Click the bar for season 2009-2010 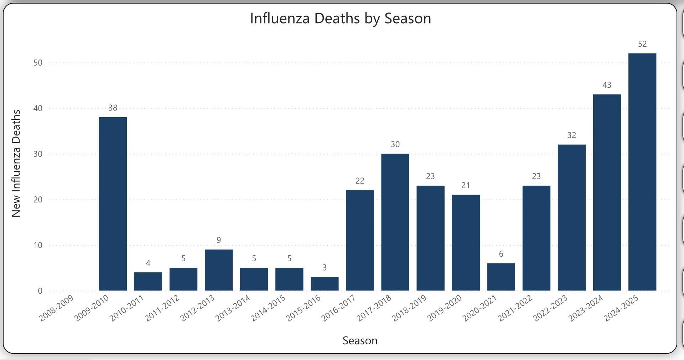pyautogui.click(x=113, y=204)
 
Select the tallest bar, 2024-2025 pyautogui.click(x=642, y=172)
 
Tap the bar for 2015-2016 pyautogui.click(x=325, y=284)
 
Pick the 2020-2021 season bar pyautogui.click(x=501, y=277)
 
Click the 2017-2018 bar pyautogui.click(x=395, y=222)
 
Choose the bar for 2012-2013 pyautogui.click(x=219, y=270)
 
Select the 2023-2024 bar pyautogui.click(x=607, y=192)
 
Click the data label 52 pyautogui.click(x=642, y=44)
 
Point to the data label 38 pyautogui.click(x=113, y=108)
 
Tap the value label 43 pyautogui.click(x=607, y=85)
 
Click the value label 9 pyautogui.click(x=219, y=240)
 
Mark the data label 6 pyautogui.click(x=501, y=254)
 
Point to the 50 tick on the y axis pyautogui.click(x=38, y=63)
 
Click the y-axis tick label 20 pyautogui.click(x=38, y=200)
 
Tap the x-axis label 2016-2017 pyautogui.click(x=339, y=308)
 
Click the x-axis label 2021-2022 pyautogui.click(x=515, y=308)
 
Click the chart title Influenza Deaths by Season pyautogui.click(x=341, y=19)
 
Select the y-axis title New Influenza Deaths pyautogui.click(x=16, y=163)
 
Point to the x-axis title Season pyautogui.click(x=360, y=341)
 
